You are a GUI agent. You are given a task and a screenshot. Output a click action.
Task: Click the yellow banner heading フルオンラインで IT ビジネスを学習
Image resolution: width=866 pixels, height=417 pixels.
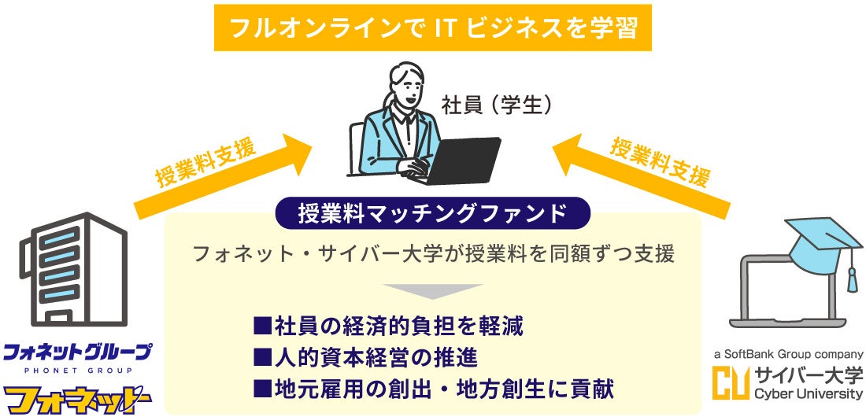pyautogui.click(x=433, y=28)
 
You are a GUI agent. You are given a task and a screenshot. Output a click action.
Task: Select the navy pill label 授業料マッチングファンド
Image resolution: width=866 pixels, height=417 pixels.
pyautogui.click(x=432, y=212)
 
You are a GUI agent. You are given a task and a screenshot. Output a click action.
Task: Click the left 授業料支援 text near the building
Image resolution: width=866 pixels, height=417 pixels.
pyautogui.click(x=205, y=163)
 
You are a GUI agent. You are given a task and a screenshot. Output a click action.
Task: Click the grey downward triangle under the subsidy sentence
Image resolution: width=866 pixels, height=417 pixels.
pyautogui.click(x=433, y=290)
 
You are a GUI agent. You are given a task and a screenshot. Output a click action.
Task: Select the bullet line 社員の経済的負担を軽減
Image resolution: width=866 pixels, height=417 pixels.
pyautogui.click(x=388, y=325)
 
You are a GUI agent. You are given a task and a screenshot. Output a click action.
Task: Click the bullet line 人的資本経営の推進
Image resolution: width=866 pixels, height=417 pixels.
pyautogui.click(x=365, y=356)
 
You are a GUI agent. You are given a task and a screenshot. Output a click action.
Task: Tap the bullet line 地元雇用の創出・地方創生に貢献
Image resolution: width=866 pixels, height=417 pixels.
pyautogui.click(x=433, y=388)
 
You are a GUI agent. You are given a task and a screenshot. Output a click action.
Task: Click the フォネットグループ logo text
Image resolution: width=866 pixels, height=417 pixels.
pyautogui.click(x=76, y=352)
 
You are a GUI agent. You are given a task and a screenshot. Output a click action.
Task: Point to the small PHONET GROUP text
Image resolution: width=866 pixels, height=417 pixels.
pyautogui.click(x=76, y=371)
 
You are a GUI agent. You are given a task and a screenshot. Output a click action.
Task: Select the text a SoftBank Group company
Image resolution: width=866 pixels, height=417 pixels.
pyautogui.click(x=788, y=354)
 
